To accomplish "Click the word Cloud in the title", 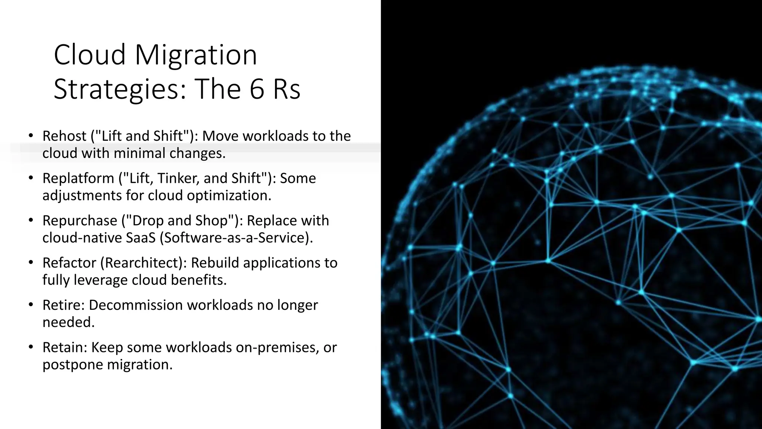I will (x=90, y=55).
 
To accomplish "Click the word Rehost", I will (x=64, y=136).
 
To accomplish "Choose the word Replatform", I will (x=78, y=178).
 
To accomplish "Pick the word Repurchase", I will (x=80, y=220).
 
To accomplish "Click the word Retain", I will (x=65, y=347).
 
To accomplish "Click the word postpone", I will (x=72, y=365).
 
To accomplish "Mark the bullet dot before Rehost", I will (x=31, y=135).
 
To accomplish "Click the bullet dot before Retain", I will (x=31, y=346).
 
